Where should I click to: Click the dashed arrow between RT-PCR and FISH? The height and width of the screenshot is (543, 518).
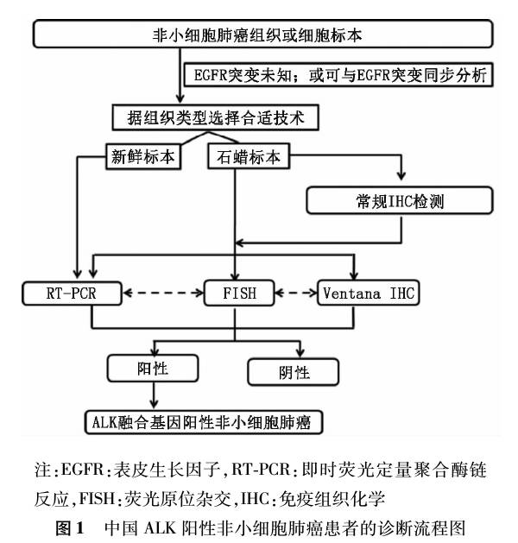163,293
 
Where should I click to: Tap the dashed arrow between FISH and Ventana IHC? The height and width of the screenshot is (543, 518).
296,293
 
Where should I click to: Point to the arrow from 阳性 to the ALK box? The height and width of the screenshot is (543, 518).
154,395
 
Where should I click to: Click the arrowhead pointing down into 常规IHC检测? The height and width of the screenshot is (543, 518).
401,175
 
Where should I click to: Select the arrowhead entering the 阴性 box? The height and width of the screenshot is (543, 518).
300,353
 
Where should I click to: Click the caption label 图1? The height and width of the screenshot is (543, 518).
70,528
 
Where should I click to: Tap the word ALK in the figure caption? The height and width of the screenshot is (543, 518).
160,528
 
